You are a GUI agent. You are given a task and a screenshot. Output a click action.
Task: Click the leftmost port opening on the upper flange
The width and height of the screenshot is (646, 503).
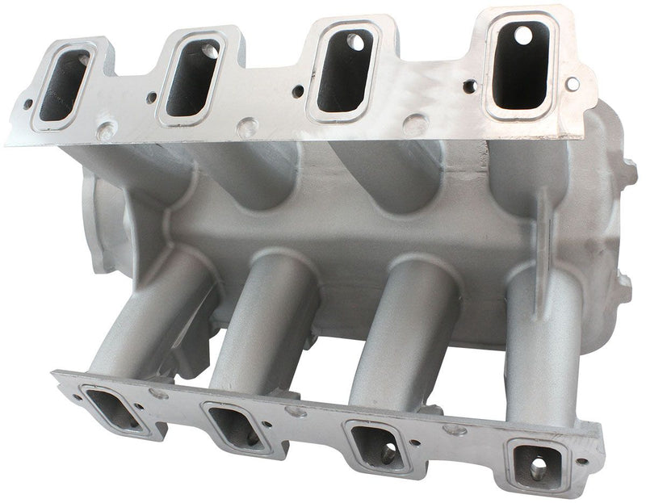pos(63,84)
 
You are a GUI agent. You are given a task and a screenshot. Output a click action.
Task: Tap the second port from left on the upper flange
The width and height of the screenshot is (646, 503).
pos(192,77)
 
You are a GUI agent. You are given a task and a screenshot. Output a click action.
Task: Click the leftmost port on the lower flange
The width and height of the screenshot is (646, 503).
pos(114,409)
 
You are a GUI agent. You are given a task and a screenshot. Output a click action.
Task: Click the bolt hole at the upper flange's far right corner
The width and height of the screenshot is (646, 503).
pos(573,83)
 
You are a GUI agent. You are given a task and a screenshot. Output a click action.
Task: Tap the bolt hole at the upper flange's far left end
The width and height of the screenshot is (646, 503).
pos(28,103)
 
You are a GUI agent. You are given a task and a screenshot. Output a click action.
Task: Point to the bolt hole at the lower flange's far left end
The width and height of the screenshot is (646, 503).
pos(78,398)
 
